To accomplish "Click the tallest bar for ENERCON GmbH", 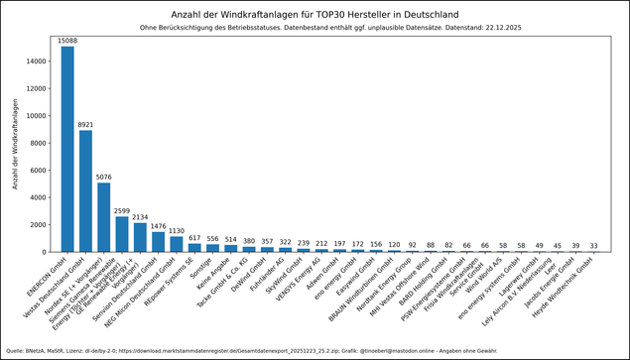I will click(67, 149).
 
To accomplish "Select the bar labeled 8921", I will click(85, 190).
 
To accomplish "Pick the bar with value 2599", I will click(122, 234).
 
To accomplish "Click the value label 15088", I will click(67, 41).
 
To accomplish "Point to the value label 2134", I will click(140, 217).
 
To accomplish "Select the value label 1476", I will click(159, 226).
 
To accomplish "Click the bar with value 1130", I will click(177, 244).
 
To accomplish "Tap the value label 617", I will click(194, 238).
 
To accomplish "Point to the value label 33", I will click(594, 246).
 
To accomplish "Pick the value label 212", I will click(321, 243).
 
